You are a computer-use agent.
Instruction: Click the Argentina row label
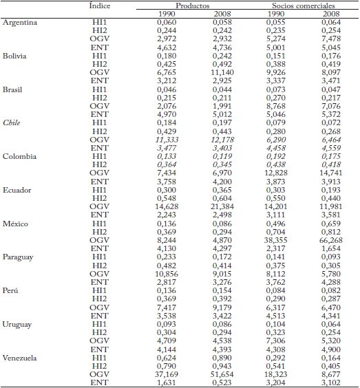pos(20,23)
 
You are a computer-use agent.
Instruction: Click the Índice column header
pos(101,5)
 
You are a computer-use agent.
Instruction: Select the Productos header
pos(193,5)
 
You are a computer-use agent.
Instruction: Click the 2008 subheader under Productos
pos(223,14)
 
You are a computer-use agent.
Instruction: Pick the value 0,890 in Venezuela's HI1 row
pos(223,358)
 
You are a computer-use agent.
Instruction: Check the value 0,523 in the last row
pos(223,383)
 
